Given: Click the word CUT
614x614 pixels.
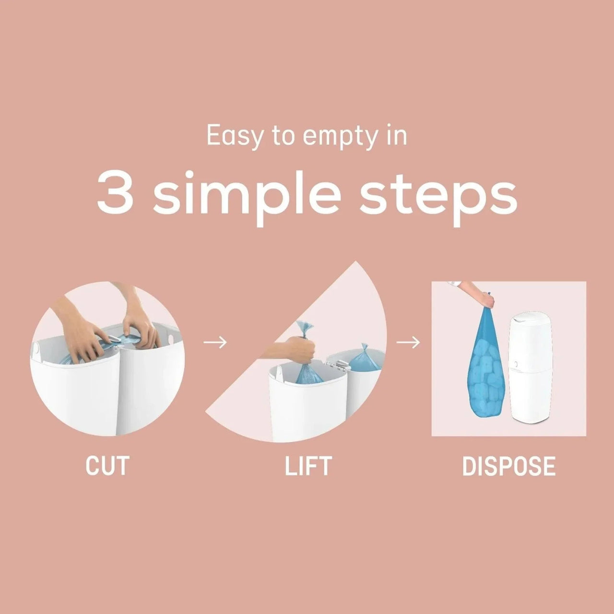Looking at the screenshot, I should [107, 466].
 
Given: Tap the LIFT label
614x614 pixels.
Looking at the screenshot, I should [308, 466].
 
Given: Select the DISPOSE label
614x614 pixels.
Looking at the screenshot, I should [509, 466].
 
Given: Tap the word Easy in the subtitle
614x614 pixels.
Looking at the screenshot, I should [235, 137].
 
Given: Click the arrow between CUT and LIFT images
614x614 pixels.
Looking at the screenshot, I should [215, 342].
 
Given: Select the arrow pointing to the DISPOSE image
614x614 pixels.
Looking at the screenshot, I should [408, 342].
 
